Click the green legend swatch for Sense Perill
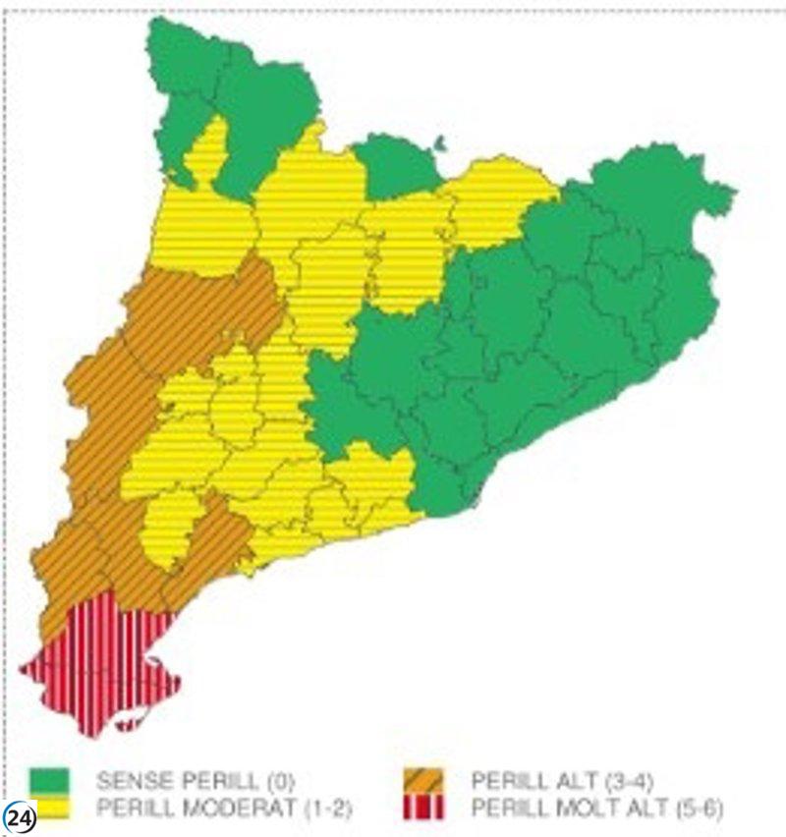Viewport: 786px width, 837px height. click(x=48, y=781)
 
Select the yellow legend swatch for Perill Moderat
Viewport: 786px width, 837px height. click(x=48, y=808)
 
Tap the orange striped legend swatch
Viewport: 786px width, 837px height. click(x=423, y=781)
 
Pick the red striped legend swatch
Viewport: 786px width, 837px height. click(x=423, y=808)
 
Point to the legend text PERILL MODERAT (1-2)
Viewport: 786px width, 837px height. click(x=224, y=809)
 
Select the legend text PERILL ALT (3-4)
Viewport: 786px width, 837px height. click(x=563, y=782)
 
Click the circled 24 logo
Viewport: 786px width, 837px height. click(x=19, y=818)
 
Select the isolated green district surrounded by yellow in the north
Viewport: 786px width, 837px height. click(x=396, y=167)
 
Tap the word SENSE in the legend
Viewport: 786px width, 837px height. click(x=131, y=782)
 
